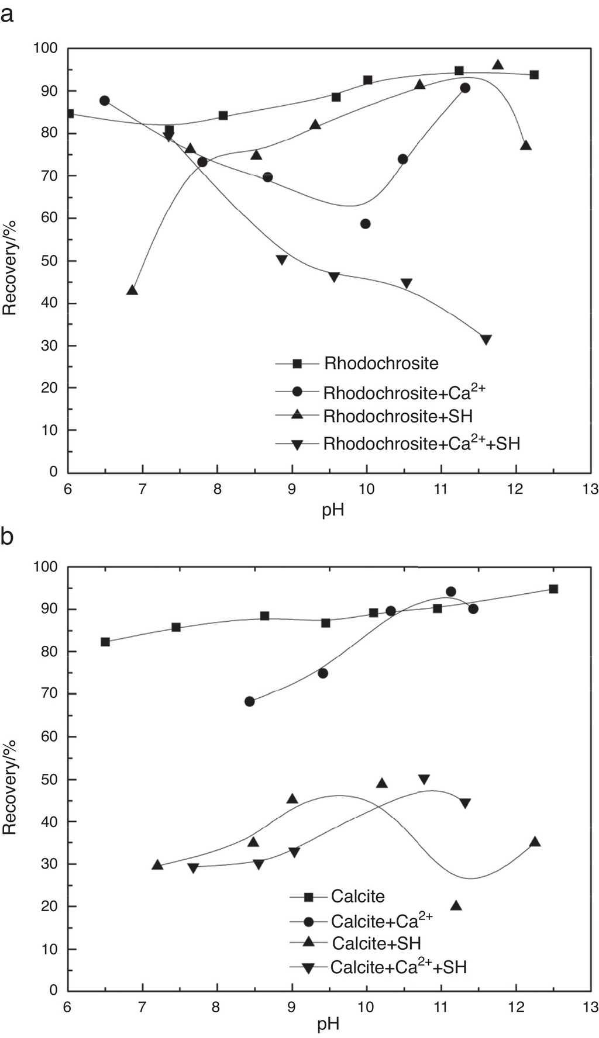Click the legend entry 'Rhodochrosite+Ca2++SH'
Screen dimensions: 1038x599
(421, 444)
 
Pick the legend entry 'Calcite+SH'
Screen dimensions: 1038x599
(377, 943)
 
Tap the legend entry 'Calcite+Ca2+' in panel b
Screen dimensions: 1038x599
(381, 921)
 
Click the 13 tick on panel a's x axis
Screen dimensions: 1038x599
(590, 489)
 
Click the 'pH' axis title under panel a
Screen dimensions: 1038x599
(333, 510)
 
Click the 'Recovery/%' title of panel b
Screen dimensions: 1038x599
(10, 787)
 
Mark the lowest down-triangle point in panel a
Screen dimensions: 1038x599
(486, 340)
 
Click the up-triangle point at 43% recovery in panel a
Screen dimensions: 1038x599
(132, 290)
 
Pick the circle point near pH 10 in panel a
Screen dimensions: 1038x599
(366, 224)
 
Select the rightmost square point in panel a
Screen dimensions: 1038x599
(534, 75)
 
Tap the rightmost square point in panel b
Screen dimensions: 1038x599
(553, 589)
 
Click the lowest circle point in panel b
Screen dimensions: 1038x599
(250, 701)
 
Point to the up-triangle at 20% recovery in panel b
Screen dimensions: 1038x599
(456, 906)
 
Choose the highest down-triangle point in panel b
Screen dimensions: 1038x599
(424, 780)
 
